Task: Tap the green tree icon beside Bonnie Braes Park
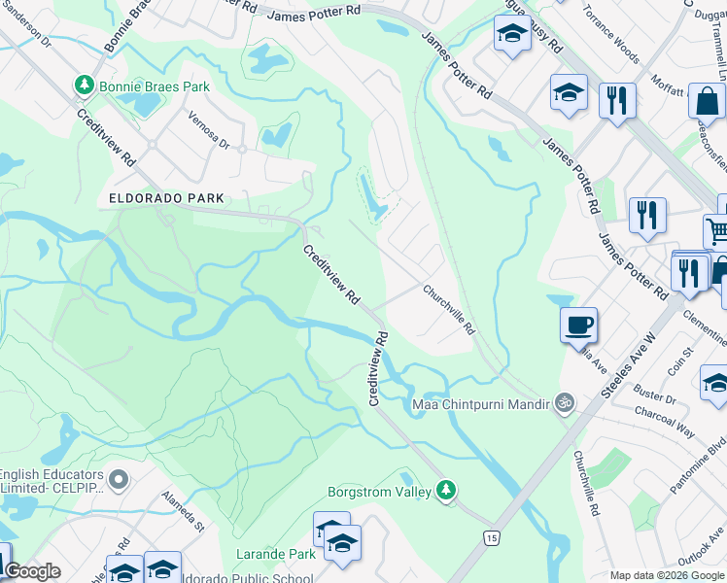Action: [84, 86]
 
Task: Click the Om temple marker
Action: [562, 402]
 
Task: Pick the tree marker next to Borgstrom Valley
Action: [446, 491]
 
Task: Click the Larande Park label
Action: [276, 554]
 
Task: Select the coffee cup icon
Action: [578, 324]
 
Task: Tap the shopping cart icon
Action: [717, 231]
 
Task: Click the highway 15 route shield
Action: [492, 537]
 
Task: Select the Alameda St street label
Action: [184, 512]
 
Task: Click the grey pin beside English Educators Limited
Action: [119, 479]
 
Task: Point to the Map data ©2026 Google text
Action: [667, 575]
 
